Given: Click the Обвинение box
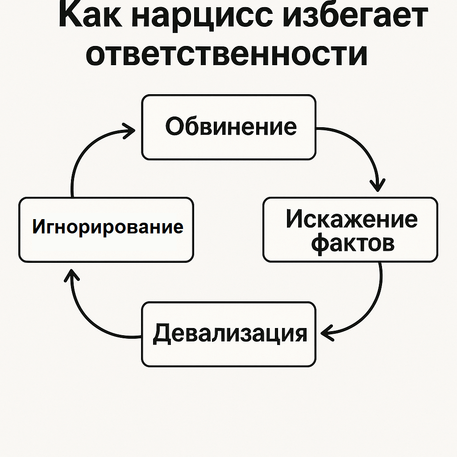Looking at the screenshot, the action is (229, 127).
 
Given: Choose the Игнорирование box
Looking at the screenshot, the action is (106, 230).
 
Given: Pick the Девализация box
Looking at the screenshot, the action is (229, 334).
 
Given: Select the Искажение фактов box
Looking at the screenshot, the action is (350, 230).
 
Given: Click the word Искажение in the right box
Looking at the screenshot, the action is (352, 219).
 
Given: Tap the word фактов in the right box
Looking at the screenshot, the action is (353, 242).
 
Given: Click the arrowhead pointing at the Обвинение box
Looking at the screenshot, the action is (129, 131).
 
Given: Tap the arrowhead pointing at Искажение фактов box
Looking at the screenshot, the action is (378, 186).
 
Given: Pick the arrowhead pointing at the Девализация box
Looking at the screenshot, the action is (327, 333).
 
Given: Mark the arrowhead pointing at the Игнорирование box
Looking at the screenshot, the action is (71, 275).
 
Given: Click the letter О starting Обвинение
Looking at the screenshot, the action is (174, 126).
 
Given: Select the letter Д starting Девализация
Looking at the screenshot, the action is (162, 334).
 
